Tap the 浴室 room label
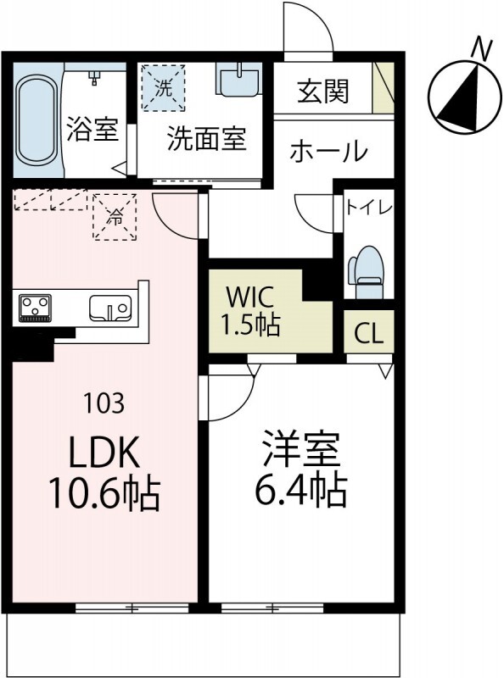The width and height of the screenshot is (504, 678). (x=92, y=134)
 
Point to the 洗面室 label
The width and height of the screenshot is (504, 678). (x=206, y=138)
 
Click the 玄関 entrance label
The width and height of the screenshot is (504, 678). (x=322, y=92)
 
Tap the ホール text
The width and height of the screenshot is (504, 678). (x=328, y=153)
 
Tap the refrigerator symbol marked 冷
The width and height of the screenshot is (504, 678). (x=113, y=217)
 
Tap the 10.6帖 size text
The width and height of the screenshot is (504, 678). (x=105, y=493)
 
